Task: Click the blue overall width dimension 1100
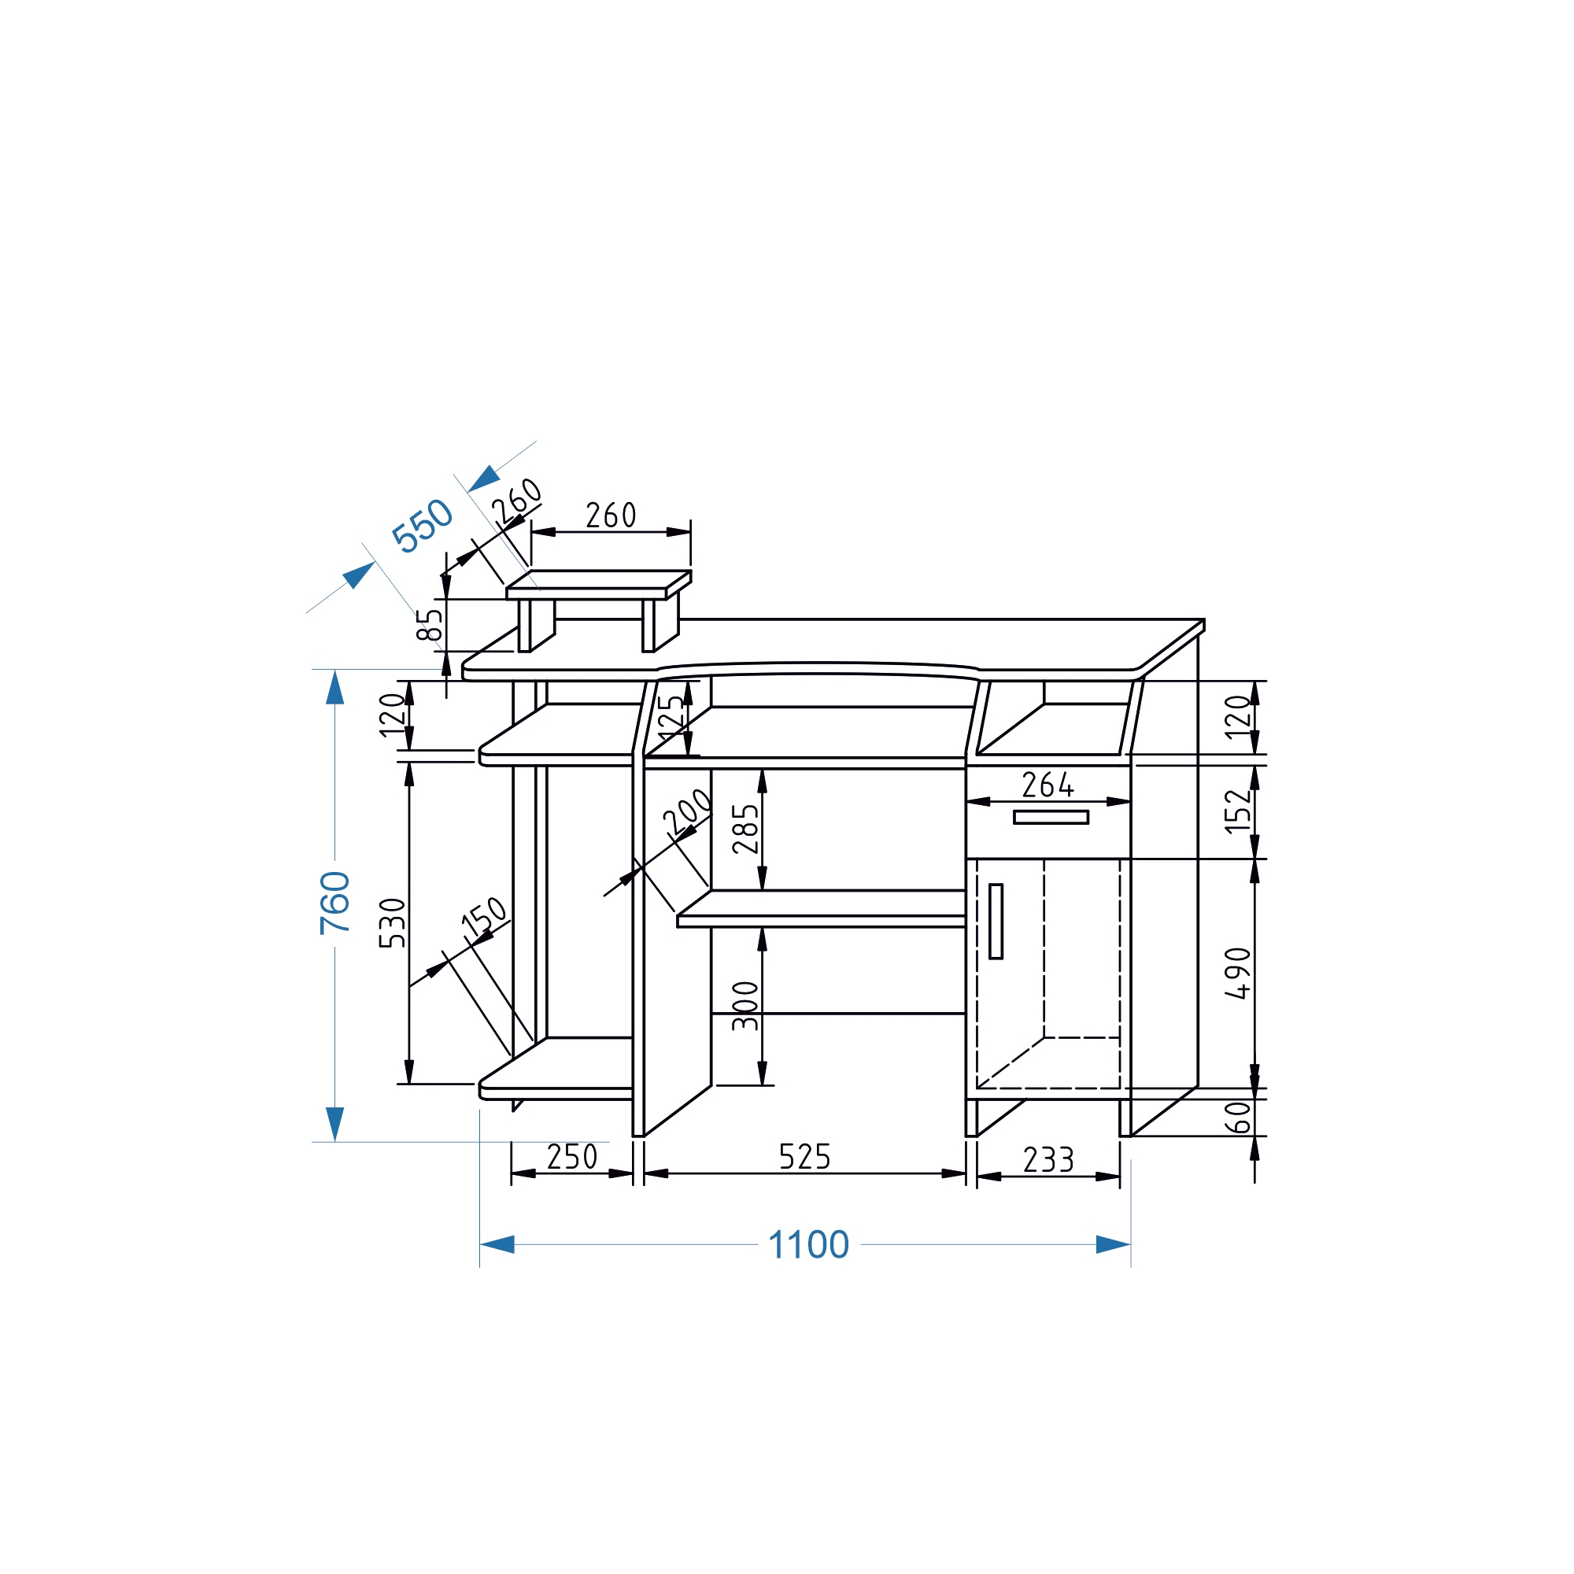808,1245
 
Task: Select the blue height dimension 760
334,903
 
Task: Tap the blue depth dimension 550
422,526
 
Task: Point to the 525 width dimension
804,1157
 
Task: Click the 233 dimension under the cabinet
1048,1160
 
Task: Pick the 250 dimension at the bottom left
572,1157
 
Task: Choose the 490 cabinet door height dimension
1237,973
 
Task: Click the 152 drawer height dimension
1237,811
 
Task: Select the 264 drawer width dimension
1047,785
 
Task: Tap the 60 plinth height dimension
1237,1117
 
